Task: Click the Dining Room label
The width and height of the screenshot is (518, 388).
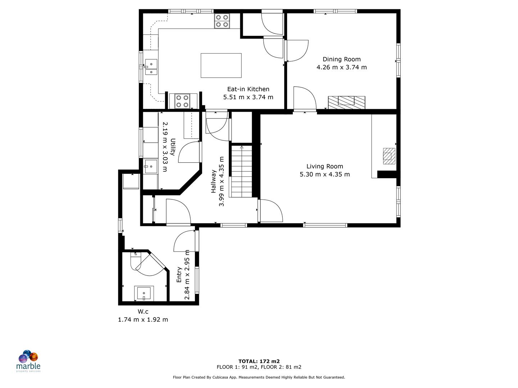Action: click(341, 59)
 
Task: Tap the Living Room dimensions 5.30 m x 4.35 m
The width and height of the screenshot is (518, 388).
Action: click(324, 174)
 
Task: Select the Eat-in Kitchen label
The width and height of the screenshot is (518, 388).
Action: click(248, 89)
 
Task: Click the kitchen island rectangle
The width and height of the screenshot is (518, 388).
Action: click(221, 65)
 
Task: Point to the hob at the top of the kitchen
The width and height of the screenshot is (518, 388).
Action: click(222, 21)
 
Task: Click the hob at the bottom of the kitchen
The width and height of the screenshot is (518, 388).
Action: click(182, 101)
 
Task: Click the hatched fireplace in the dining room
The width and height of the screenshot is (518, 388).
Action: click(346, 102)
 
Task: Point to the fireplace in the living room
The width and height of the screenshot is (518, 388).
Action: click(389, 156)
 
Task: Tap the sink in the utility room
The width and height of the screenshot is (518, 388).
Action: click(151, 167)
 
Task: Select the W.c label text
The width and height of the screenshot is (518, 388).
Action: click(143, 311)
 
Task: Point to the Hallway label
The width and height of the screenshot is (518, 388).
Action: click(214, 181)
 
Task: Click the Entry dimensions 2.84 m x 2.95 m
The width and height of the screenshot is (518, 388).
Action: click(187, 275)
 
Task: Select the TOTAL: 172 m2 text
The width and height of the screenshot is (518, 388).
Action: click(259, 361)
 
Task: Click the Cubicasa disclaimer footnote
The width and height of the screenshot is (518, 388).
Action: click(259, 377)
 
